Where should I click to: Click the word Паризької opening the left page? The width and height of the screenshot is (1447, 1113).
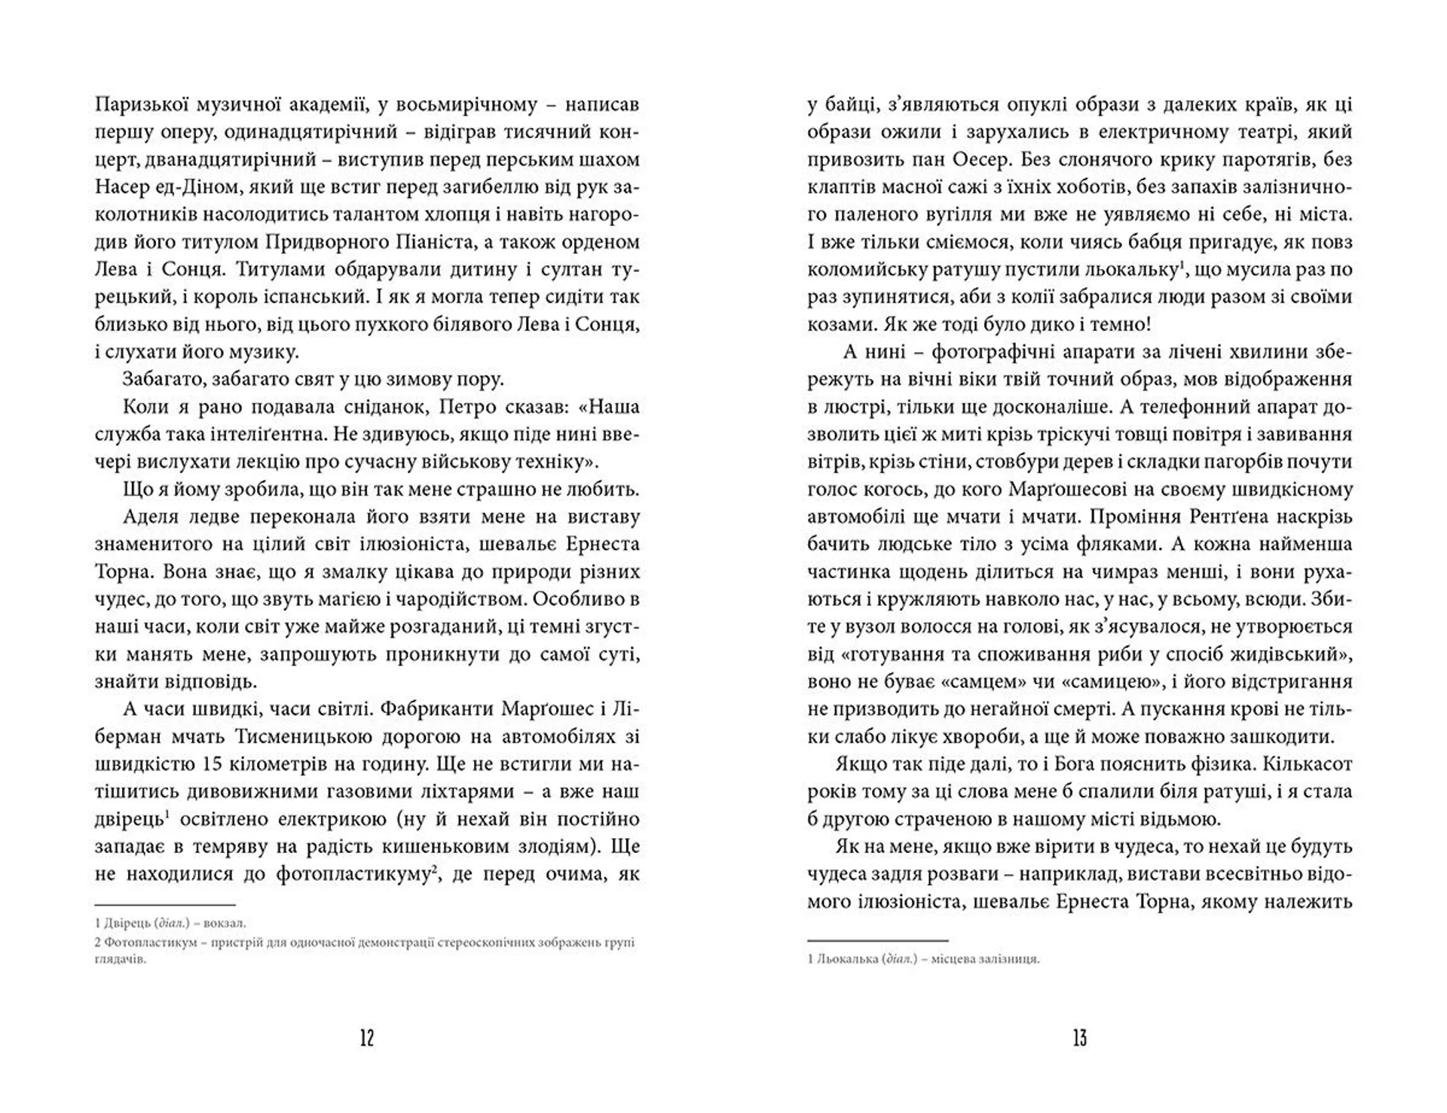coord(138,105)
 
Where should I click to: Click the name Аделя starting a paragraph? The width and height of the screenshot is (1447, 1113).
coord(150,517)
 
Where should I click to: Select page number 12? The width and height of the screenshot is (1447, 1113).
coord(367,1039)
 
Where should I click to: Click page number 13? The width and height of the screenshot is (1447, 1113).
coord(1079,1039)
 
